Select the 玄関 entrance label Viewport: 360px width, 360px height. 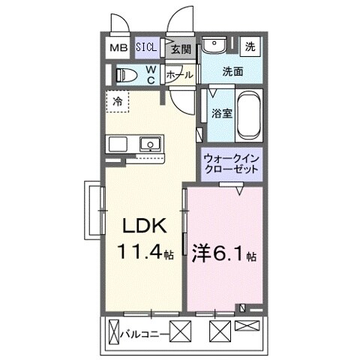pos(180,49)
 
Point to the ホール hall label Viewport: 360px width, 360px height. pos(179,74)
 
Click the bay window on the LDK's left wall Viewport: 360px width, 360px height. pos(94,212)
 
